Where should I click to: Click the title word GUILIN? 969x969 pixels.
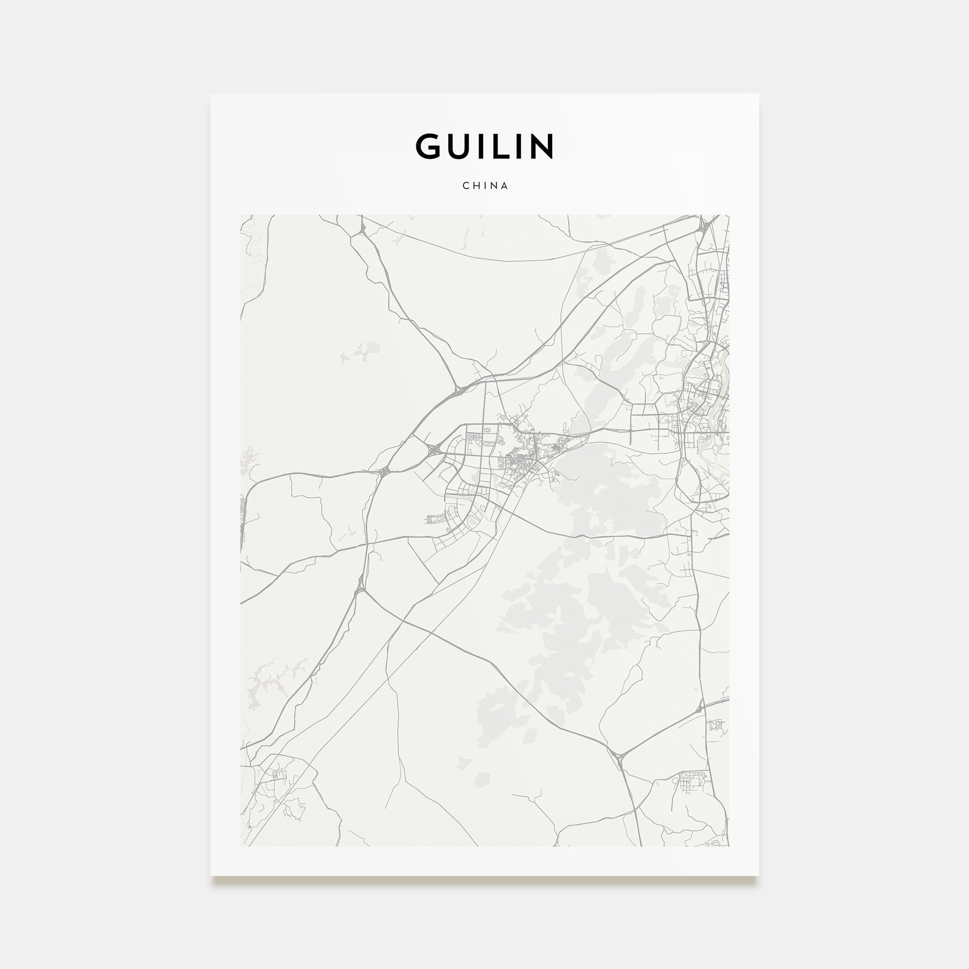tap(484, 146)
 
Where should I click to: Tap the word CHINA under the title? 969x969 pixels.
tap(485, 186)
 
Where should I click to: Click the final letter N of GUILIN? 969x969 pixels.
tap(541, 146)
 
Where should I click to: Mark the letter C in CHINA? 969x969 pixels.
tap(466, 186)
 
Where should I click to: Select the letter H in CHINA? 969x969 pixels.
tap(476, 186)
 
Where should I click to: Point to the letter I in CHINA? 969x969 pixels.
tap(485, 186)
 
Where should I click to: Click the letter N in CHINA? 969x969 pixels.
tap(494, 186)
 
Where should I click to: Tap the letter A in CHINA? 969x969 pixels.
tap(504, 186)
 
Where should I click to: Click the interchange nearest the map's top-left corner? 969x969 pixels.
tap(362, 230)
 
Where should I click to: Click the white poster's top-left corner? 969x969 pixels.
tap(211, 94)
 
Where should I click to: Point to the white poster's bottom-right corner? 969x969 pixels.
tap(758, 875)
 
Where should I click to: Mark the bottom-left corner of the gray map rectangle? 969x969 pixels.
tap(241, 846)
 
